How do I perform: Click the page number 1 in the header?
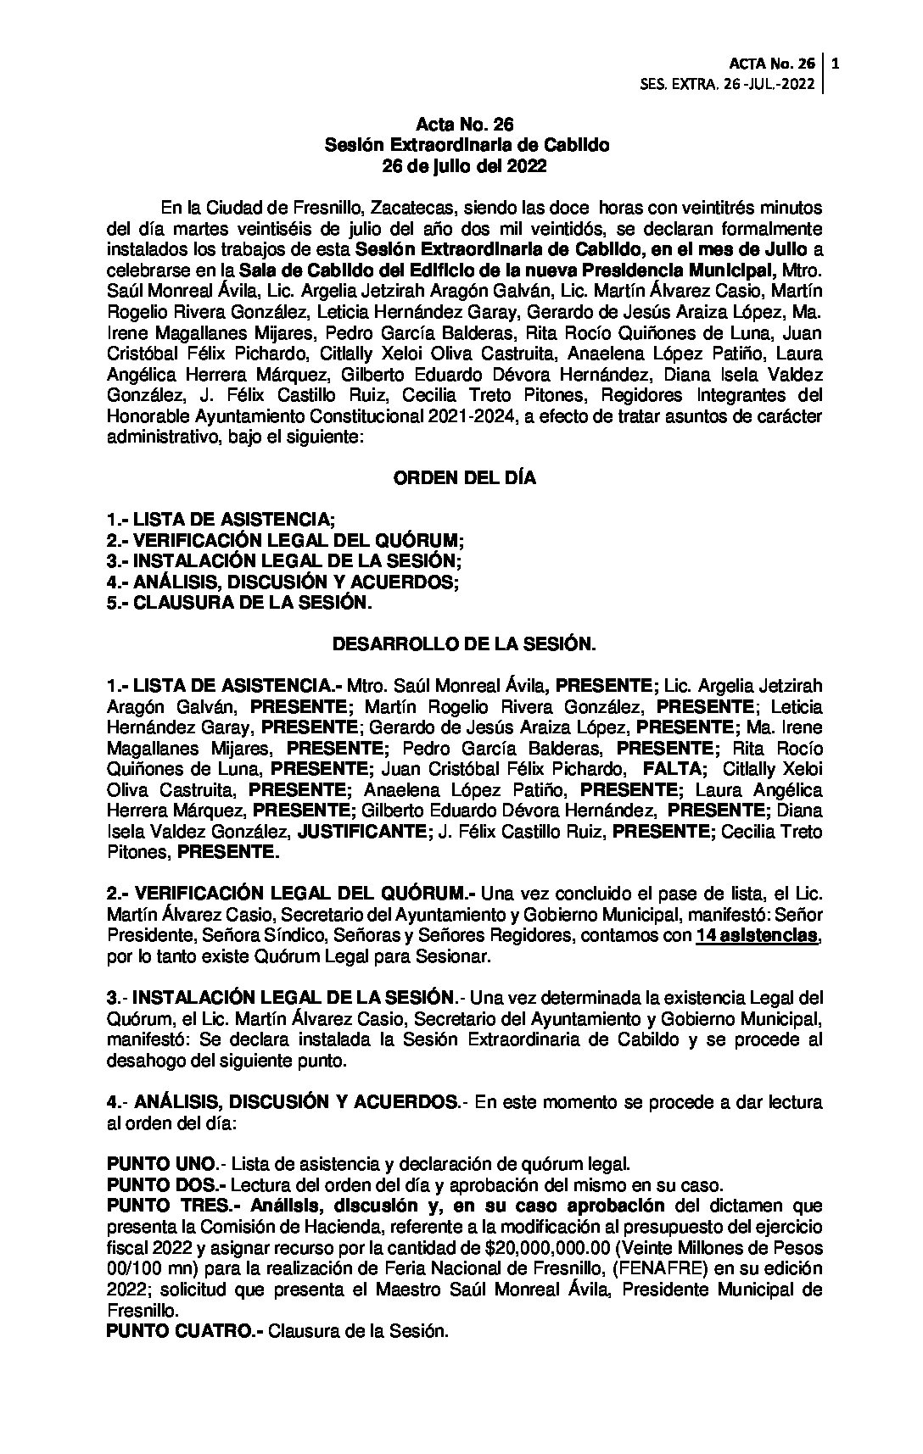click(x=836, y=63)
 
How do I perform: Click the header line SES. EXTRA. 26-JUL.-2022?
click(x=730, y=84)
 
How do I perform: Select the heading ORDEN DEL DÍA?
click(x=464, y=478)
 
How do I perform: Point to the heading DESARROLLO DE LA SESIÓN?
click(x=464, y=645)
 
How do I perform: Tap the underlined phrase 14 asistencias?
click(x=757, y=937)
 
